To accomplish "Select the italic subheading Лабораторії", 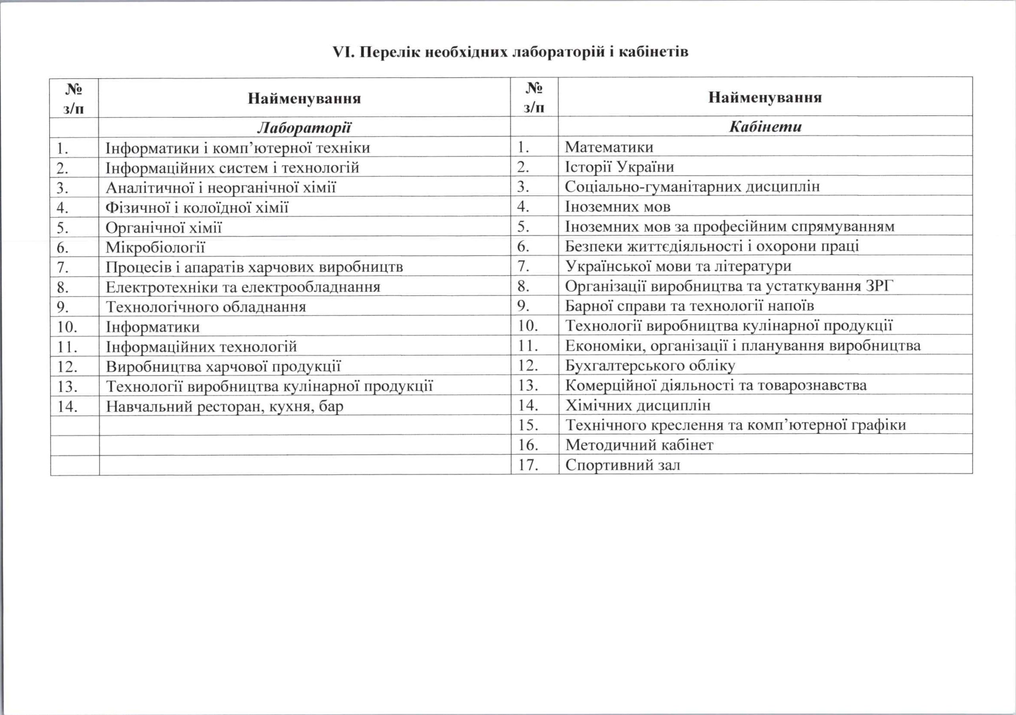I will click(304, 128).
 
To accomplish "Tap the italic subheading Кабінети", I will click(765, 127).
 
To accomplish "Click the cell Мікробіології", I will click(155, 247).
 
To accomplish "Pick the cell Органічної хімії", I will click(163, 228).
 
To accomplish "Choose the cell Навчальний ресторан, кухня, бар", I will click(224, 407).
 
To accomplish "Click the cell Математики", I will click(609, 147).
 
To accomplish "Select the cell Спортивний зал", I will click(623, 465).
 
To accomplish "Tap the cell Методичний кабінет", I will click(639, 445).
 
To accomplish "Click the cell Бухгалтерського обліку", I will click(650, 366).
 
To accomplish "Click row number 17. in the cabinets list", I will click(528, 465).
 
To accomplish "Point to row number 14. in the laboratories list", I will click(67, 407).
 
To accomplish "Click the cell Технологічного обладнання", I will click(206, 307).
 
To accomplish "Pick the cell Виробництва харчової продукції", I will click(223, 367).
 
